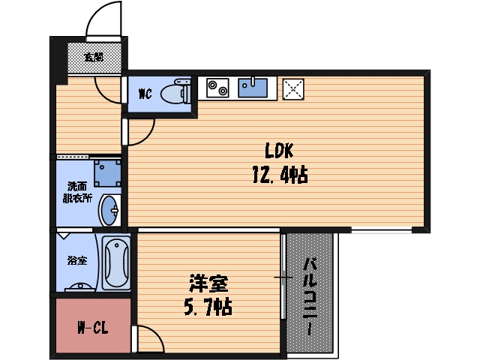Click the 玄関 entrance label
tap(94, 56)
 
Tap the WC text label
tap(145, 94)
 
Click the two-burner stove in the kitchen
tap(217, 88)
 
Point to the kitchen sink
tap(254, 88)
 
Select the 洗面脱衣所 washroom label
tap(76, 193)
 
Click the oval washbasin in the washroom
tap(111, 210)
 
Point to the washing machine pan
tap(106, 172)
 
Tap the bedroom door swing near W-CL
tap(148, 339)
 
